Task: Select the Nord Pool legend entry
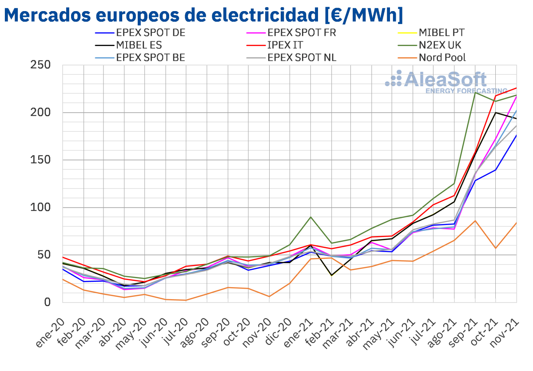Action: click(442, 58)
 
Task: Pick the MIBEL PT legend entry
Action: click(442, 32)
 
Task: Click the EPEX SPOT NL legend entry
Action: click(302, 58)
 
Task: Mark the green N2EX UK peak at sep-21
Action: click(475, 92)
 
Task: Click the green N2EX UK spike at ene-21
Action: click(310, 217)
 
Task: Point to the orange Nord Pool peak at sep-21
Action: click(475, 221)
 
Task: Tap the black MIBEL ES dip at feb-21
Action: click(331, 275)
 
